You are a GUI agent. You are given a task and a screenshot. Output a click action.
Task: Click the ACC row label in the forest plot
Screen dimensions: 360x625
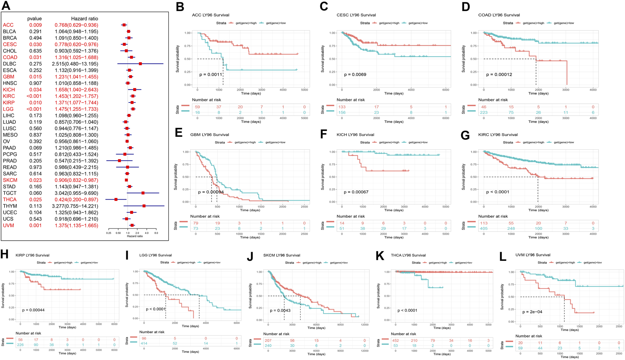[x=8, y=25]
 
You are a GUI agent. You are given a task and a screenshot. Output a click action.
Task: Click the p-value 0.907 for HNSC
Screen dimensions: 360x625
[x=35, y=83]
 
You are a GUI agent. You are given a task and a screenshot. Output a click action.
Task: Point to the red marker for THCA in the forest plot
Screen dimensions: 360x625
[x=116, y=200]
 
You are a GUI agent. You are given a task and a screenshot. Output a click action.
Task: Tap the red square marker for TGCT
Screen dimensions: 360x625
[x=143, y=193]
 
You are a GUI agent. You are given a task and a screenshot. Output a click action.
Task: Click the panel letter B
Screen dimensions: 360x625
[x=180, y=7]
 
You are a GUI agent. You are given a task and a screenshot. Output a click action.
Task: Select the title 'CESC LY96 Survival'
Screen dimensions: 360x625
[x=356, y=15]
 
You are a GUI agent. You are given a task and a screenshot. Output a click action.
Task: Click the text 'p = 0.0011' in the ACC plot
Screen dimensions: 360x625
[x=211, y=75]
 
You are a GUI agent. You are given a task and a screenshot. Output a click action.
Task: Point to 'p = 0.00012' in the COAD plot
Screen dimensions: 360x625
[x=499, y=75]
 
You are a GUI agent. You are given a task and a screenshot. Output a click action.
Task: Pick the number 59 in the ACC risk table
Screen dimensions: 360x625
[x=198, y=107]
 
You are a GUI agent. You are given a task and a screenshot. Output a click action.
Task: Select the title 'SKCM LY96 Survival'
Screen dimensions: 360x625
[x=281, y=255]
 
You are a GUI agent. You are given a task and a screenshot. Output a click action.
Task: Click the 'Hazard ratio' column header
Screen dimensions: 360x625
[x=85, y=19]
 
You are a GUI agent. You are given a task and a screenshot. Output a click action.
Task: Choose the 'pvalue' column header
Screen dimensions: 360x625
[x=34, y=19]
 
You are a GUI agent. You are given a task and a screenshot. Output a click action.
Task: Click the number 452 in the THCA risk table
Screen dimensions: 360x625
[x=396, y=340]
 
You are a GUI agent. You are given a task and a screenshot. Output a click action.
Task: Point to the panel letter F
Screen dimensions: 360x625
[x=324, y=135]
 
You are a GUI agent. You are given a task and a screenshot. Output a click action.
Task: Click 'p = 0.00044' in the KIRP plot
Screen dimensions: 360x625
[x=33, y=310]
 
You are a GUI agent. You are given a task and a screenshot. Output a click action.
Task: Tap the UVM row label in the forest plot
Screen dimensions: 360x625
[x=8, y=225]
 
